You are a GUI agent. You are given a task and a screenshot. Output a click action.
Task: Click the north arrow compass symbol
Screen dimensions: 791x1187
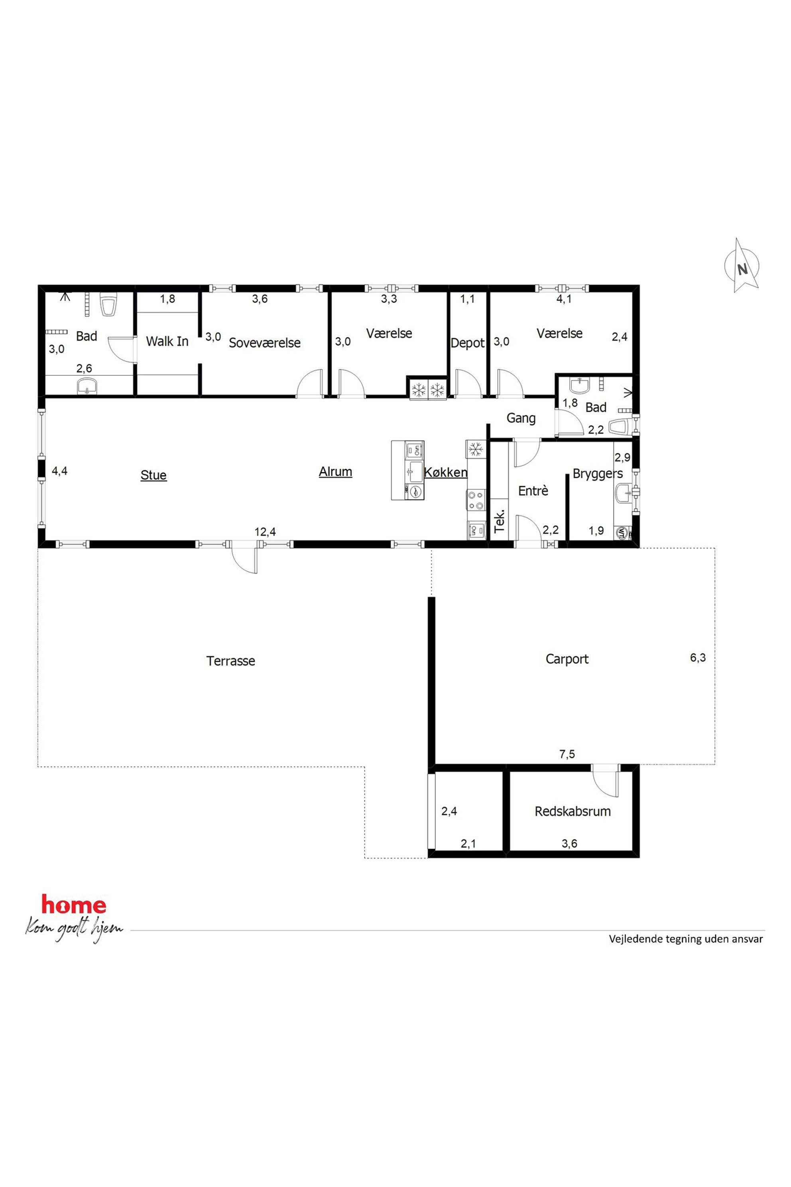click(742, 266)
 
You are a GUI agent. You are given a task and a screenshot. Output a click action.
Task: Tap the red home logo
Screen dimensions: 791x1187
click(74, 905)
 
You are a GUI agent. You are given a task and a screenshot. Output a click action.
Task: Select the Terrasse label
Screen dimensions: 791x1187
click(230, 661)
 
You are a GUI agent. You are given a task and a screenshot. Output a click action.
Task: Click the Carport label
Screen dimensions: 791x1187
click(567, 659)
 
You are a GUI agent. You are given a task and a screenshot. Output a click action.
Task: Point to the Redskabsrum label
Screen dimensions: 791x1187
click(573, 812)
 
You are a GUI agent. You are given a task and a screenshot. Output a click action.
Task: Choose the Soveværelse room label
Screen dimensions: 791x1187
click(264, 343)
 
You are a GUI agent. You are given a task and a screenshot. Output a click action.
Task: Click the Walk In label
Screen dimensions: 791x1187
click(167, 342)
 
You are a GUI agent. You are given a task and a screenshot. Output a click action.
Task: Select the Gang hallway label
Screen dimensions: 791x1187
click(521, 418)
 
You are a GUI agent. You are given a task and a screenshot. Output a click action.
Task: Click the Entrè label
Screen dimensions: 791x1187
click(533, 491)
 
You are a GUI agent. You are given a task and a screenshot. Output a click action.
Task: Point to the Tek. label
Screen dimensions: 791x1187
click(500, 523)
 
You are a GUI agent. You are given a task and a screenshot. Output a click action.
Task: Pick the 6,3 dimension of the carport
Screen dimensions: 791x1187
click(698, 658)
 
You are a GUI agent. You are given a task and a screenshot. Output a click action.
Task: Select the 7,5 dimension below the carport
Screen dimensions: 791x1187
click(567, 755)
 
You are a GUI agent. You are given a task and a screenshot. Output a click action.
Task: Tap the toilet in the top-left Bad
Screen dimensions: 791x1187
click(108, 304)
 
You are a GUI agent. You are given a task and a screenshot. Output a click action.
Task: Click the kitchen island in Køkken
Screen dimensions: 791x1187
click(407, 470)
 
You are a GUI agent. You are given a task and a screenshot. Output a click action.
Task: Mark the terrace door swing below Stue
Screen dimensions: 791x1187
click(245, 560)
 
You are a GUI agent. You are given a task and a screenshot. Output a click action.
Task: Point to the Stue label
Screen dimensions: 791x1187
click(153, 475)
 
